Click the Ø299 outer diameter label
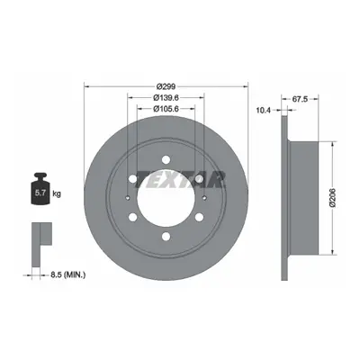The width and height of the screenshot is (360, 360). (x=166, y=86)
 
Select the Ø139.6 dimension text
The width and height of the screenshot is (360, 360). (x=166, y=98)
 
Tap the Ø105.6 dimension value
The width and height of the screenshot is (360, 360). (x=166, y=109)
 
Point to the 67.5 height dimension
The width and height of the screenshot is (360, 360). (x=300, y=99)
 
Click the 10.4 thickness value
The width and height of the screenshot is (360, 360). (x=263, y=111)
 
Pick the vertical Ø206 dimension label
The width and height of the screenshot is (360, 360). (x=332, y=198)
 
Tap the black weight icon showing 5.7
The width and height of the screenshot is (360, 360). (x=40, y=189)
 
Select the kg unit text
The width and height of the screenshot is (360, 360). (x=57, y=193)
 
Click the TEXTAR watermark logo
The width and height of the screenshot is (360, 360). (x=181, y=180)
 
